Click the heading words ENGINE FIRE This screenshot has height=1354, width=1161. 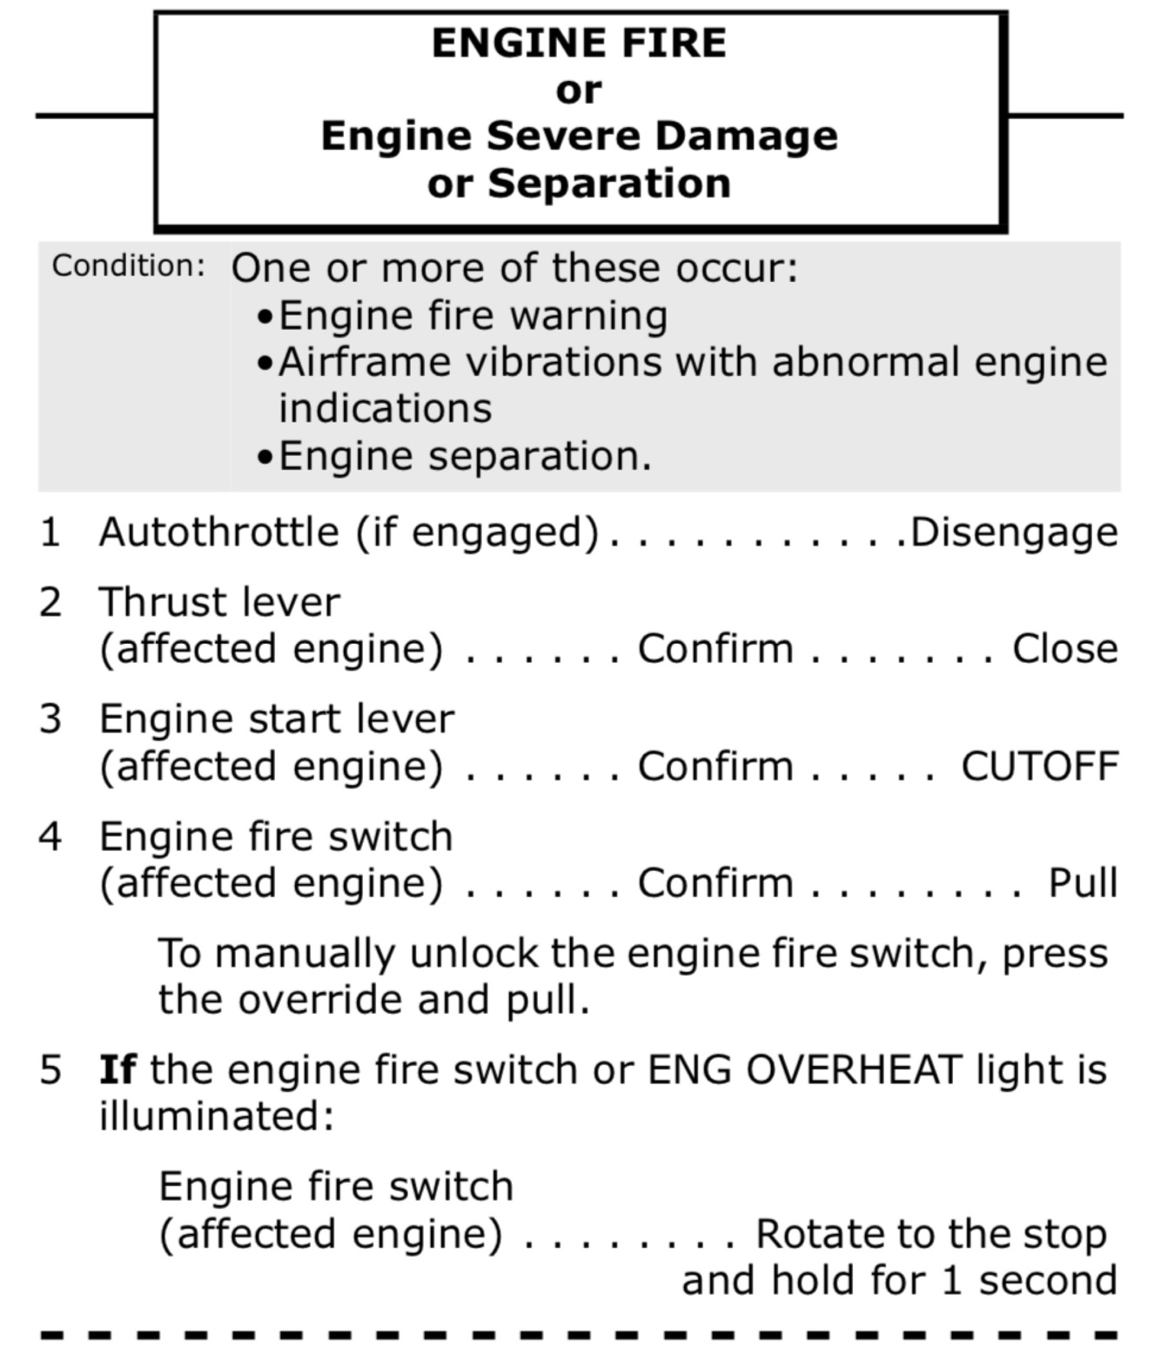579,44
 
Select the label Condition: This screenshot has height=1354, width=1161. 129,266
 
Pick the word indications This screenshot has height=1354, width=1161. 385,408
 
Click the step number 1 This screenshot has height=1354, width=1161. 50,533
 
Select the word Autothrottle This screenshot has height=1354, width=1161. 218,533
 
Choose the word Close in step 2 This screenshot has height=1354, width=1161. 1064,649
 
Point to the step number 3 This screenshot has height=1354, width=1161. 50,720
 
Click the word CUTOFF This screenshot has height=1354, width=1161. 1039,767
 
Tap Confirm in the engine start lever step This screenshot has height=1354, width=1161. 715,767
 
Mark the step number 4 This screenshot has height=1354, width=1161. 50,837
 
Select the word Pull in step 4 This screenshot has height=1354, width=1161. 1083,883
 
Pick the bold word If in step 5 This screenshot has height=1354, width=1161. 117,1069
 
